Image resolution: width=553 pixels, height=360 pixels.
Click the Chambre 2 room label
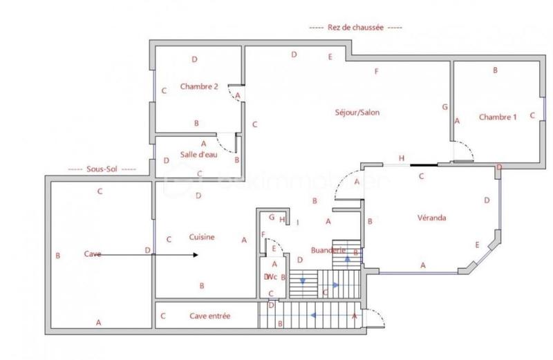tap(199, 87)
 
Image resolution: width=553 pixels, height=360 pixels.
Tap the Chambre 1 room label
tap(498, 117)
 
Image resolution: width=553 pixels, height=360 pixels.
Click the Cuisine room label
tap(201, 237)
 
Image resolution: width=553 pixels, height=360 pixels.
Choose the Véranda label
tap(431, 218)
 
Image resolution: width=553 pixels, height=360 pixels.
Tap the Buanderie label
tap(328, 250)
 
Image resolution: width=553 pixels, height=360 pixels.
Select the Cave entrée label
tap(209, 316)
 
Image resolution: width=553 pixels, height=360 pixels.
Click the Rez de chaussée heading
tap(355, 28)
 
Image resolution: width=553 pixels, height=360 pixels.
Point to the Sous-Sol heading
tap(102, 169)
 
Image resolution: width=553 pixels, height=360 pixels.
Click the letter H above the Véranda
tap(401, 158)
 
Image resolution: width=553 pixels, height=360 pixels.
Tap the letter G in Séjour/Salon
tap(444, 107)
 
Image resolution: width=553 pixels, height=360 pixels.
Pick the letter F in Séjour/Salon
tap(377, 71)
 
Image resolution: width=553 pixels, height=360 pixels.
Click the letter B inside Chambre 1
tap(495, 70)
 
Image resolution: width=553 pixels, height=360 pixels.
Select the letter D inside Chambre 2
tap(195, 59)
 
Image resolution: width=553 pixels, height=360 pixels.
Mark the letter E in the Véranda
tap(477, 245)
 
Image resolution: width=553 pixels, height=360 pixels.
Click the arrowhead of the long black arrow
tap(196, 255)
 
